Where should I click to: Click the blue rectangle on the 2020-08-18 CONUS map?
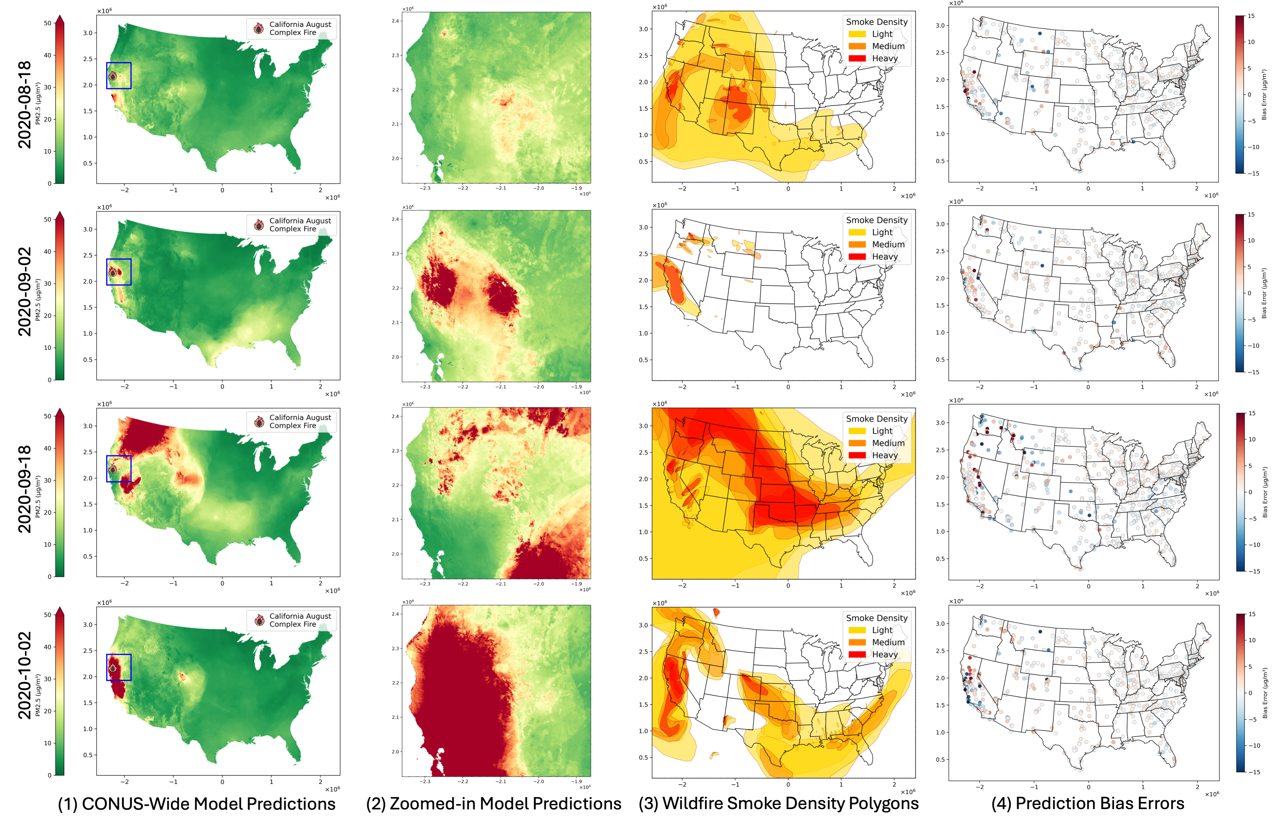click(118, 75)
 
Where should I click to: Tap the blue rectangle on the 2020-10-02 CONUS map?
click(118, 667)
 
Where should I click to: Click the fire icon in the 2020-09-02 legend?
click(259, 225)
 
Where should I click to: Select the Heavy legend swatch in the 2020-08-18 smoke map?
click(857, 59)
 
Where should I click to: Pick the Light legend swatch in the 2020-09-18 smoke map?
click(857, 431)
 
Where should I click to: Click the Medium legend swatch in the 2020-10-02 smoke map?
click(857, 642)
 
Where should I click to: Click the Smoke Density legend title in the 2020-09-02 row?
click(877, 220)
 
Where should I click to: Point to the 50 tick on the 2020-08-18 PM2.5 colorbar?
click(48, 23)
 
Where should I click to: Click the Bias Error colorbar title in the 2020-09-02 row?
click(1264, 293)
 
